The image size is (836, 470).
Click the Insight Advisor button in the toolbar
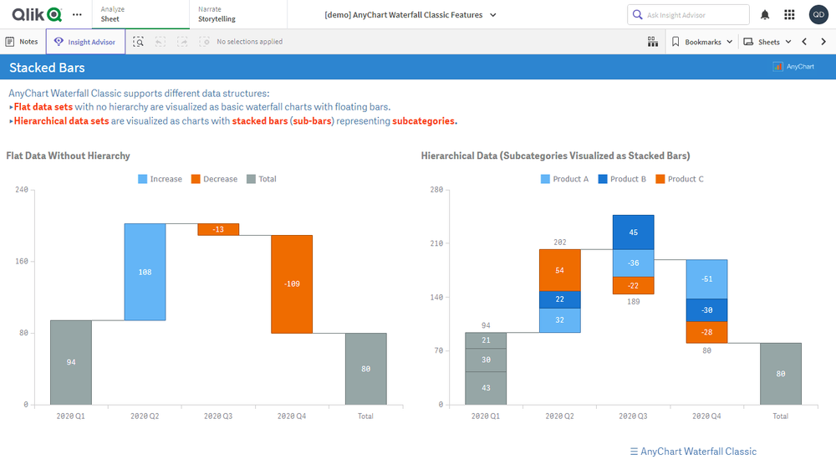pos(85,42)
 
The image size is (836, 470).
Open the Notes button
pos(22,42)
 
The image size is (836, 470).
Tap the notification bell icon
pos(765,15)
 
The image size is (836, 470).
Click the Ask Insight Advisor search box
pos(688,15)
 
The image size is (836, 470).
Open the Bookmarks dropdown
pos(702,42)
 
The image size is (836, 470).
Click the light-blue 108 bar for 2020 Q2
pos(145,272)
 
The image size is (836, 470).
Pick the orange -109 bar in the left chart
pos(292,284)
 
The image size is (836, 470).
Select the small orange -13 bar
pos(218,229)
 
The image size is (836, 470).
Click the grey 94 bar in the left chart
pos(71,362)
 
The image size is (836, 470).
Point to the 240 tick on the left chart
pos(22,190)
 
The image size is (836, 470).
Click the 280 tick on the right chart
pos(436,190)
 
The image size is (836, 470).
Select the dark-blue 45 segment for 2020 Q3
pos(634,232)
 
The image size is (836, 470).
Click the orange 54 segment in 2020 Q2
pos(560,270)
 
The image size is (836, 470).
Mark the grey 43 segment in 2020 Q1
pos(486,388)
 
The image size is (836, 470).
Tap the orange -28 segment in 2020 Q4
pos(707,332)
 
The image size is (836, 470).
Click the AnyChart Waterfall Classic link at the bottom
pos(693,452)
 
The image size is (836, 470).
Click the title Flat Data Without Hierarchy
pos(69,156)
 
